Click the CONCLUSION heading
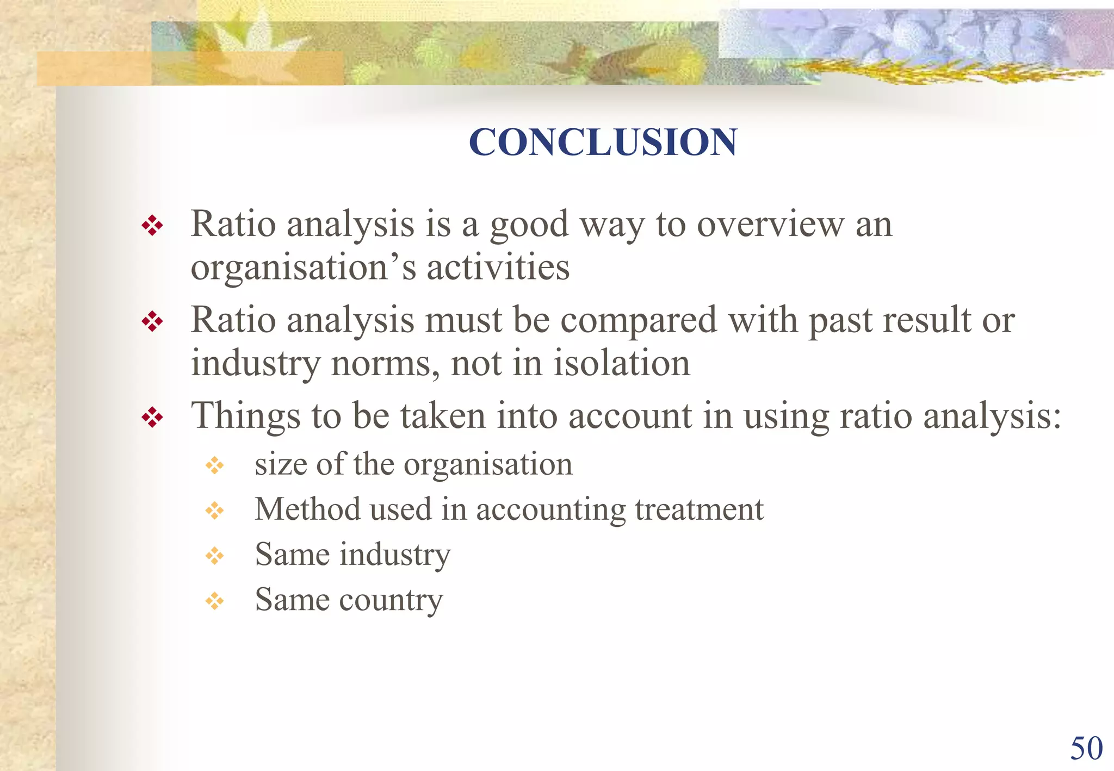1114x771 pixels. [x=603, y=142]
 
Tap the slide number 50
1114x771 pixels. [x=1086, y=748]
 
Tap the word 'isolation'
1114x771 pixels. [x=622, y=363]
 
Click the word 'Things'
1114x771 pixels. [x=245, y=416]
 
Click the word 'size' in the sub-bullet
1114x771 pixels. [x=281, y=464]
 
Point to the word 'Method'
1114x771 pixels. [x=308, y=509]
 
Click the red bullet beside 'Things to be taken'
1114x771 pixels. [x=152, y=418]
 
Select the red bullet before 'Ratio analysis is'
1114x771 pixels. [x=152, y=226]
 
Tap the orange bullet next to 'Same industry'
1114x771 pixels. [x=215, y=556]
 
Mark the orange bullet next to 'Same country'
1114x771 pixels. [x=215, y=601]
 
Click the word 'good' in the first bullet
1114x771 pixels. [x=529, y=225]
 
